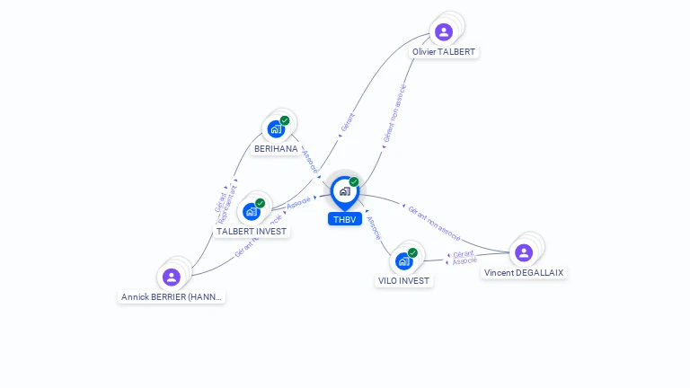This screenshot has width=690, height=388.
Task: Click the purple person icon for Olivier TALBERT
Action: [443, 32]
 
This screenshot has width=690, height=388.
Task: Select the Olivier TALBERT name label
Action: [444, 52]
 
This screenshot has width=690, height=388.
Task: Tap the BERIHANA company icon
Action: [276, 128]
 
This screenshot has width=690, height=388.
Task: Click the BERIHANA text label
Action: [276, 149]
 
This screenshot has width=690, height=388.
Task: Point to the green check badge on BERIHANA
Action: [285, 120]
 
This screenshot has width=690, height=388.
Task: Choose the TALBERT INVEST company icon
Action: [252, 211]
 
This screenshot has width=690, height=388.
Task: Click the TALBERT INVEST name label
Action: [252, 232]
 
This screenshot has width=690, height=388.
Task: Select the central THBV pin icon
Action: [344, 191]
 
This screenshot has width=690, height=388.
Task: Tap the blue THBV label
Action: [344, 219]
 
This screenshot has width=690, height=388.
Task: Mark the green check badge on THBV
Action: [354, 181]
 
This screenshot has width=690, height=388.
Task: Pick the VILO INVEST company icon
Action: [403, 261]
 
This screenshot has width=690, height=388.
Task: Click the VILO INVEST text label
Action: [404, 281]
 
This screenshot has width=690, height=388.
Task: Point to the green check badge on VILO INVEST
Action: [412, 253]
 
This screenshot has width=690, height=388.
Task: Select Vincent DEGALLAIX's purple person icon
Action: [524, 252]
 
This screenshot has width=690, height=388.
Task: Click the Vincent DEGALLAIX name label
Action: [524, 272]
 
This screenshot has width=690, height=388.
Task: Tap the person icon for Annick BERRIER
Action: [172, 277]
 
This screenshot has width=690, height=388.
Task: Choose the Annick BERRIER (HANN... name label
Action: [172, 296]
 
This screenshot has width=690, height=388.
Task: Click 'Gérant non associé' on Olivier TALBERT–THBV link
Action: [394, 114]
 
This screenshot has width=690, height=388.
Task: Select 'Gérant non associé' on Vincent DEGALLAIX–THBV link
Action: [434, 224]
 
